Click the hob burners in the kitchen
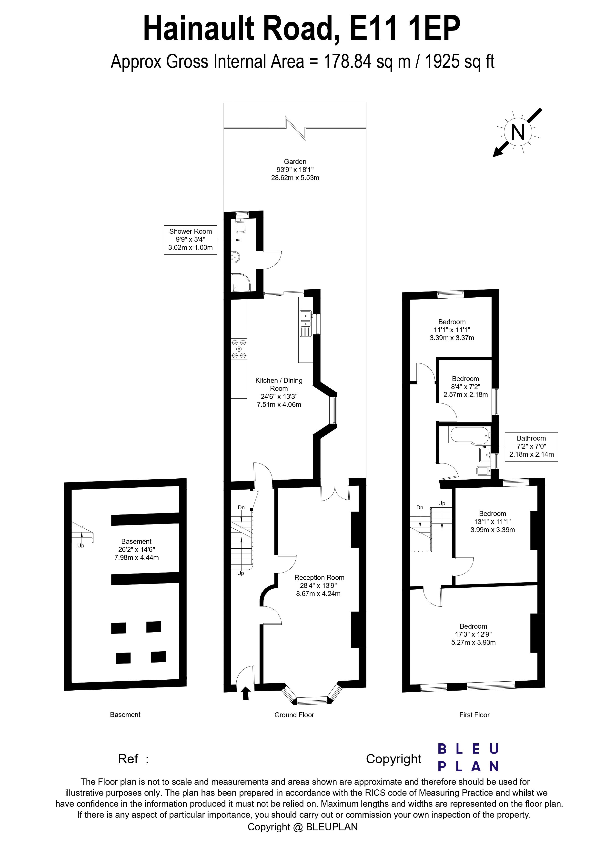point(239,349)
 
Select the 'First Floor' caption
point(474,715)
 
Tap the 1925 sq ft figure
point(459,61)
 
